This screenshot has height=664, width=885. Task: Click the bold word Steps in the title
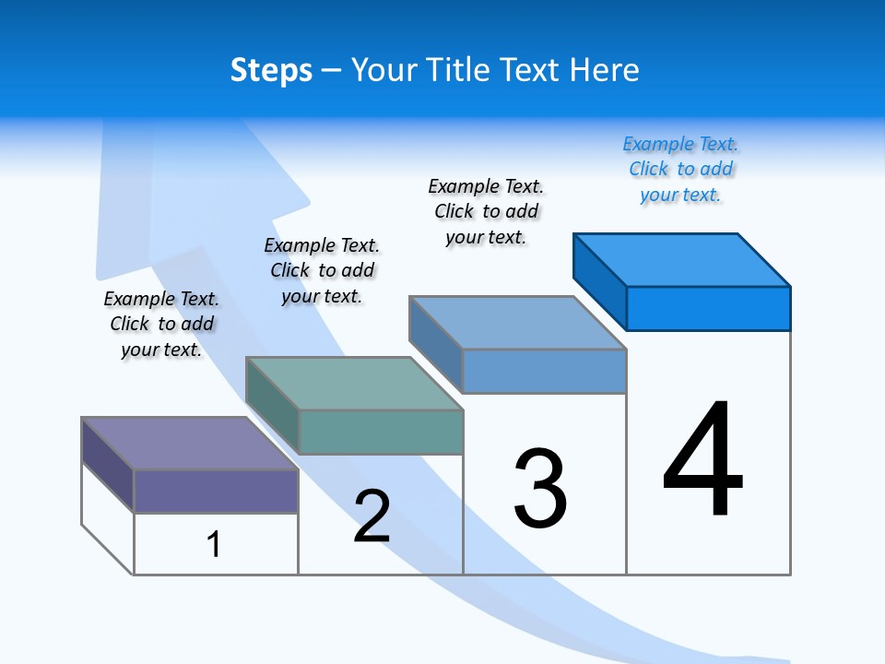(x=271, y=70)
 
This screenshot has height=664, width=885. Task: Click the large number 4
(x=703, y=461)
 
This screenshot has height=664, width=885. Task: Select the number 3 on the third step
(x=540, y=489)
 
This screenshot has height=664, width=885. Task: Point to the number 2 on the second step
(x=372, y=516)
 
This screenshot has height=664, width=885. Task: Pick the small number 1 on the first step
(x=214, y=544)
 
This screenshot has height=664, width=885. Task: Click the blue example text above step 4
(x=680, y=169)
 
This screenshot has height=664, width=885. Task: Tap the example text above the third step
(x=486, y=211)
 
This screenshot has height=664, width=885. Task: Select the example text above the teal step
(x=322, y=270)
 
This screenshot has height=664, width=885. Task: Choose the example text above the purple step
(x=161, y=324)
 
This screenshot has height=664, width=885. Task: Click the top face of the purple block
(x=189, y=444)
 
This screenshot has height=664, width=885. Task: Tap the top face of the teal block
(x=353, y=384)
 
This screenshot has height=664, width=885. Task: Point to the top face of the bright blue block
(x=682, y=260)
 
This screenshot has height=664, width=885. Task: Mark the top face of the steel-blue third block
(x=517, y=323)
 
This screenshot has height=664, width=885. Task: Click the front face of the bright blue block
(x=708, y=308)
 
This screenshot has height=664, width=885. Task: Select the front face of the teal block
(x=381, y=432)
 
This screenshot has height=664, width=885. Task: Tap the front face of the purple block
(x=216, y=492)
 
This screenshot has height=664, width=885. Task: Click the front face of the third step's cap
(x=544, y=371)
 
